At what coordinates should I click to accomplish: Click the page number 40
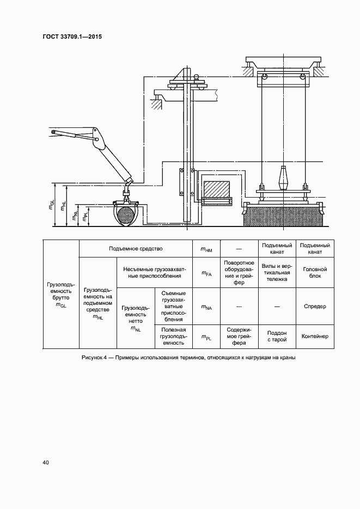[x=46, y=463]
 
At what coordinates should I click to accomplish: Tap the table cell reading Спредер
[x=315, y=306]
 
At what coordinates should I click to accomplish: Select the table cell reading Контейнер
[x=315, y=336]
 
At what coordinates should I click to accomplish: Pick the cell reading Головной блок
[x=315, y=272]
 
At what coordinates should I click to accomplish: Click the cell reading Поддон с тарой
[x=277, y=336]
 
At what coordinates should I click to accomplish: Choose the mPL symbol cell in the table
[x=206, y=337]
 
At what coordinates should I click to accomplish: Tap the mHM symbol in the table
[x=206, y=249]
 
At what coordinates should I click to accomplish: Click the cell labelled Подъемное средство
[x=136, y=249]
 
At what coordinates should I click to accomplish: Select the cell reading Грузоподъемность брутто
[x=60, y=295]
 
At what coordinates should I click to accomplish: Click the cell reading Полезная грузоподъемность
[x=174, y=336]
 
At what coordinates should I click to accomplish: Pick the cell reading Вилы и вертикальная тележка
[x=277, y=272]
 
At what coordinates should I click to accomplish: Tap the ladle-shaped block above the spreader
[x=283, y=177]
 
